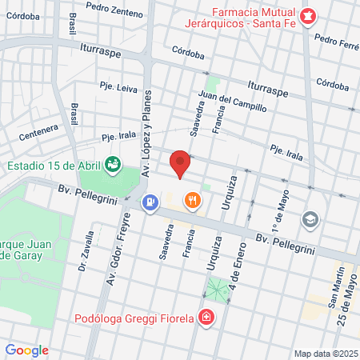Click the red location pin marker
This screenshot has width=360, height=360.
(x=181, y=163)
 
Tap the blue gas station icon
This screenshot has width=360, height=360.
(x=149, y=202)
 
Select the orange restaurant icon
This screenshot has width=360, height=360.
(x=191, y=200)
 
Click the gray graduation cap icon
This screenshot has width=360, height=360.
(x=309, y=218)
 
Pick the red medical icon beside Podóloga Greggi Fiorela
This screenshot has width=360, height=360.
(x=206, y=318)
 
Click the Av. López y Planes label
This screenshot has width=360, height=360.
(x=146, y=145)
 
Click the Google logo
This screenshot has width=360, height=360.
(x=27, y=350)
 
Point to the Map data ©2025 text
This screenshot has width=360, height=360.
(x=324, y=354)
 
